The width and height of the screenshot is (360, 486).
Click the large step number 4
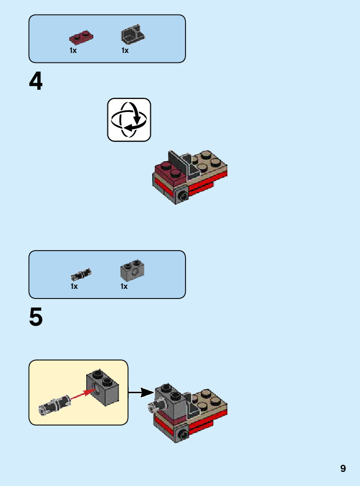click(x=36, y=81)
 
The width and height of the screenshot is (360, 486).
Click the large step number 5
click(x=36, y=317)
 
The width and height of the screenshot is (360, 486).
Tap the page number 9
click(x=343, y=468)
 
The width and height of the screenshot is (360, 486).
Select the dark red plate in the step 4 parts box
click(x=81, y=37)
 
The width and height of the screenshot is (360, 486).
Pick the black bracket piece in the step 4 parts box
click(x=133, y=34)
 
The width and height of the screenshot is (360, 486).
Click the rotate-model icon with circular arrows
click(x=129, y=120)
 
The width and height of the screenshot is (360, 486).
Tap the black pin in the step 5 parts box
click(x=81, y=274)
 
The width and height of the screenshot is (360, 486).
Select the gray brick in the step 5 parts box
click(x=133, y=270)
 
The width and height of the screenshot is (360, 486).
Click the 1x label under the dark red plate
click(x=73, y=50)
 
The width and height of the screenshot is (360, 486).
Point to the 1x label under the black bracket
click(x=125, y=50)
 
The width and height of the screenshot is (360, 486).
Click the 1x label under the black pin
click(x=74, y=286)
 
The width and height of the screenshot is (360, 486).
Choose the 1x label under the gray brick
click(x=124, y=286)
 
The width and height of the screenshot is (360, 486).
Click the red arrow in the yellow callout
click(x=83, y=395)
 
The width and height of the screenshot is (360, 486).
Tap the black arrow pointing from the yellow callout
click(x=141, y=392)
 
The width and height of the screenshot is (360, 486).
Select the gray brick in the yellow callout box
click(x=102, y=388)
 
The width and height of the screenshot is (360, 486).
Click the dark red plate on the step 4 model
click(x=170, y=172)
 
